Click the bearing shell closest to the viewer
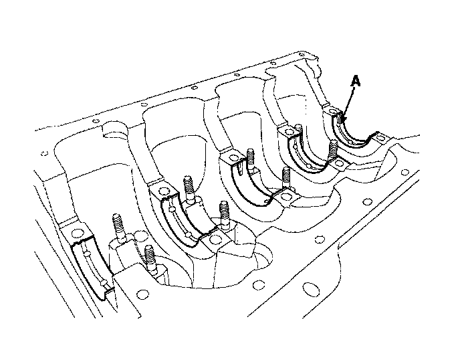pyautogui.click(x=90, y=268)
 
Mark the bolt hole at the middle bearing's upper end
pyautogui.click(x=232, y=159)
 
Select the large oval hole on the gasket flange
pyautogui.click(x=310, y=290)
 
